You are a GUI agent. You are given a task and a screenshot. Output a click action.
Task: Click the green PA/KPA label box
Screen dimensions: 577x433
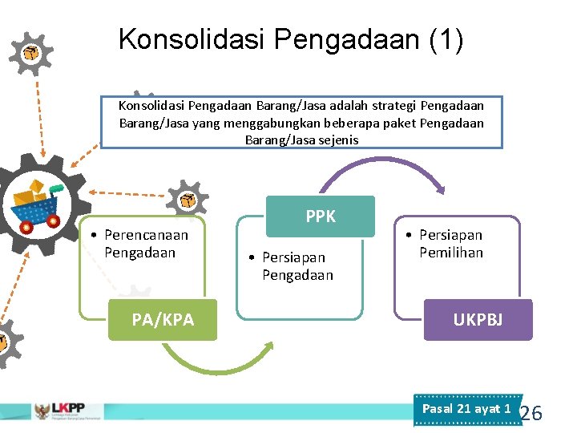point(163,319)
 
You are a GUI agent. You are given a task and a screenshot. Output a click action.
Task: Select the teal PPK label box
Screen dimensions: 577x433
point(321,216)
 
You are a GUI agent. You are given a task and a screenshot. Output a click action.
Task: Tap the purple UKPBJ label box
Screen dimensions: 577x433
point(478,320)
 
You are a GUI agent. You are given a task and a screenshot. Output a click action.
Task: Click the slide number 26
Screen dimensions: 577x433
point(531,414)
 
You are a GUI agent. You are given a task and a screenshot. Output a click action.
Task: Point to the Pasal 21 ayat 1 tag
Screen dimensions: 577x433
point(466,409)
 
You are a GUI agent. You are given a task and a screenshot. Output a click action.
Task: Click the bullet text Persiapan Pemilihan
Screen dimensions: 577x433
point(450,244)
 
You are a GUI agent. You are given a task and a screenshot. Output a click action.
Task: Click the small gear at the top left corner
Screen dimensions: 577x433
point(30,53)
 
